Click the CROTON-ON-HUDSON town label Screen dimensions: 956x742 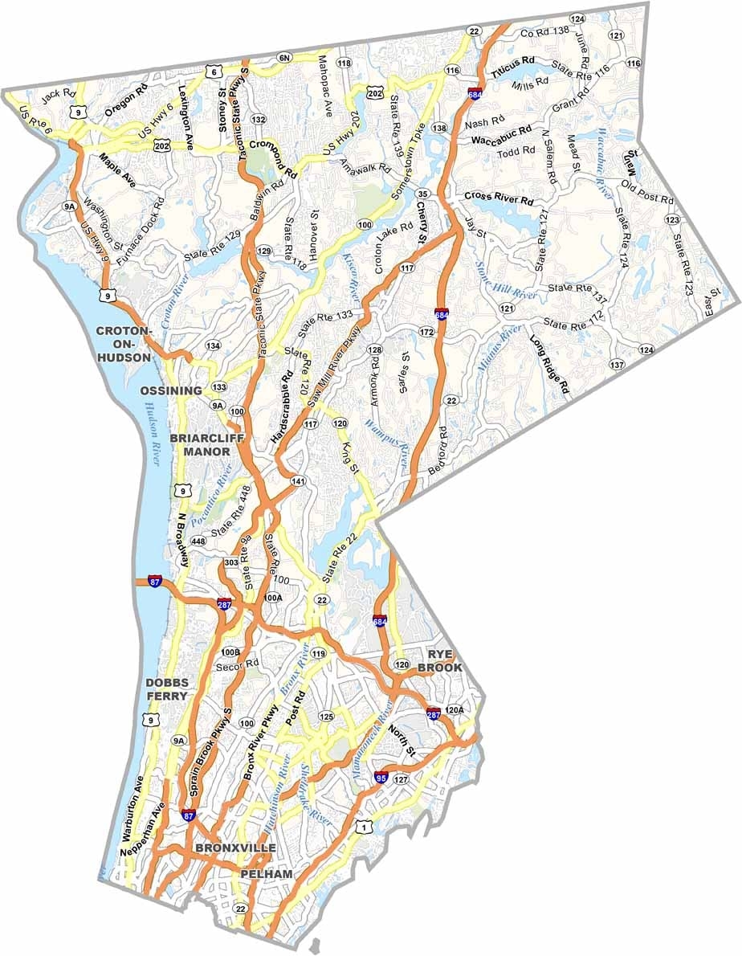pyautogui.click(x=124, y=344)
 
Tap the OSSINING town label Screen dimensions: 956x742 pyautogui.click(x=170, y=390)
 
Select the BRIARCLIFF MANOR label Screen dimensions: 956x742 pyautogui.click(x=201, y=445)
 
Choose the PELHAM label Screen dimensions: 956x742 pyautogui.click(x=266, y=873)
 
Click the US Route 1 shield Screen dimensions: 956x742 pyautogui.click(x=365, y=827)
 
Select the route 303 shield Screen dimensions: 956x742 pyautogui.click(x=231, y=562)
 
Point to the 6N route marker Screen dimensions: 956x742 pyautogui.click(x=283, y=58)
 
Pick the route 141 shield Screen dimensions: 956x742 pyautogui.click(x=299, y=481)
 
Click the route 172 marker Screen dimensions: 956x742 pyautogui.click(x=426, y=332)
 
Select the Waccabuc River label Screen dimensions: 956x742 pyautogui.click(x=604, y=160)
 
